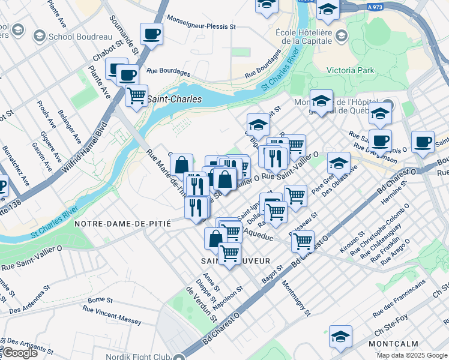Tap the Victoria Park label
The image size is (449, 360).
350,70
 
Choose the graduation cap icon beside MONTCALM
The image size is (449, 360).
340,337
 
